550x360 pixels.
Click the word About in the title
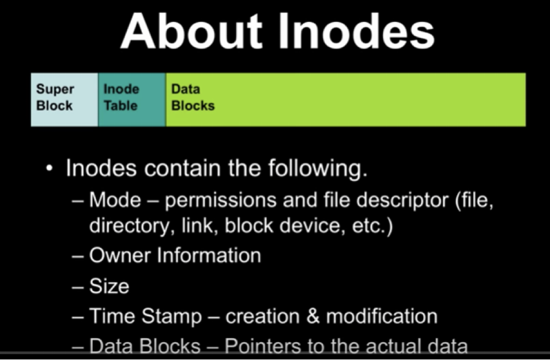tap(191, 33)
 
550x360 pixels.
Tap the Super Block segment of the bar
tap(63, 99)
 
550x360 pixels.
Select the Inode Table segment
tap(131, 99)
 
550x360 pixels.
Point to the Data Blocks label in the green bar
tap(193, 97)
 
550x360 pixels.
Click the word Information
tap(210, 256)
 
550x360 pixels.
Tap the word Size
tap(109, 286)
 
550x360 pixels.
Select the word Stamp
tap(175, 317)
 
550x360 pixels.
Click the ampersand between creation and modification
tap(311, 317)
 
